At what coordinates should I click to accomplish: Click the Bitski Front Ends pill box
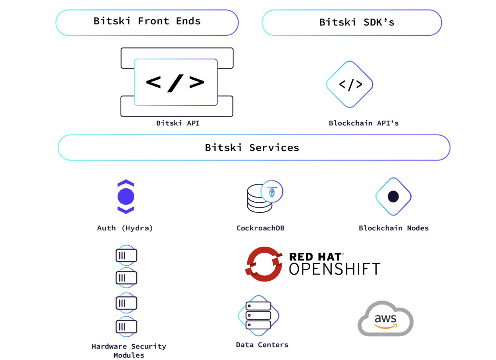147,22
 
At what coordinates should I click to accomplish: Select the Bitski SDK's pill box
352,22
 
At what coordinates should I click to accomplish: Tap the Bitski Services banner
254,147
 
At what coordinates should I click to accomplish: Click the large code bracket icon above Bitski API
176,82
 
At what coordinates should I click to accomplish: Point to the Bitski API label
178,123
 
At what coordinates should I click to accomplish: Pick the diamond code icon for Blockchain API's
350,84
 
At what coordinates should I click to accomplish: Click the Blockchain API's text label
363,123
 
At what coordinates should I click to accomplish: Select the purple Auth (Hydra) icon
126,196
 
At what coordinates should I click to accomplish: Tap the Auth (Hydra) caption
125,228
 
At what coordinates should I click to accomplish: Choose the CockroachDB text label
260,228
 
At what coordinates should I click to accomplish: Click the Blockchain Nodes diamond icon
393,196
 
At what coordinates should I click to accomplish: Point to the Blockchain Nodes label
394,228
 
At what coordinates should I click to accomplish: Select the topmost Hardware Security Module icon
126,255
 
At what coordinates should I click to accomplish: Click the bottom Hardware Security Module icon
126,327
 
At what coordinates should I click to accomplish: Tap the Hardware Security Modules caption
129,351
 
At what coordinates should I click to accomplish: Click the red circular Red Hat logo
264,264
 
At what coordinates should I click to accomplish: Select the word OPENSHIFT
334,269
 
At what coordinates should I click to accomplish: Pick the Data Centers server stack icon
258,315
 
